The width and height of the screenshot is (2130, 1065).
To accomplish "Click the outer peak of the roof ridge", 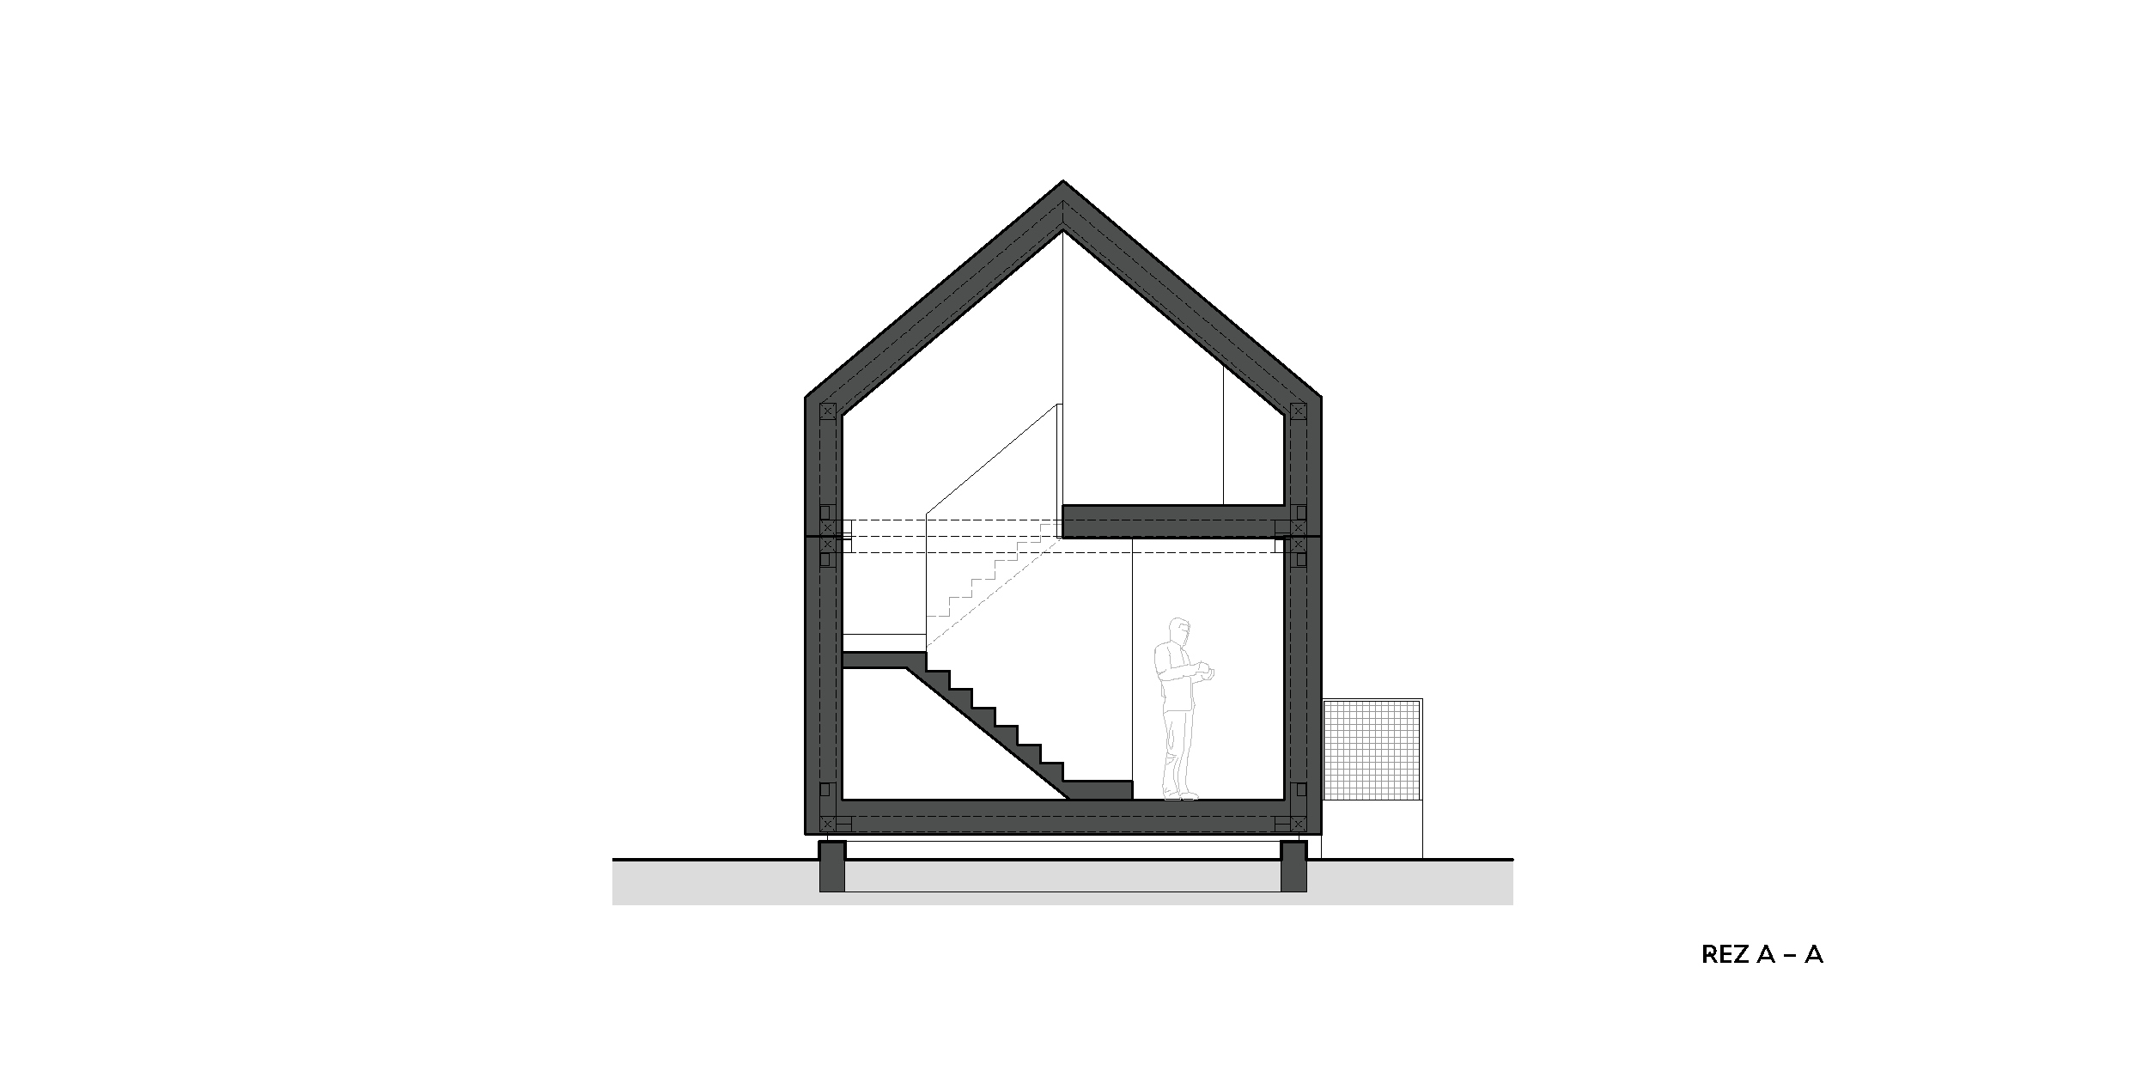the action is [x=1063, y=180].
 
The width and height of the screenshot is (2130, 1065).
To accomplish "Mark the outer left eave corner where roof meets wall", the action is [x=805, y=397].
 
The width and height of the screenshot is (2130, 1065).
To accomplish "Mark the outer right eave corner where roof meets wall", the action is [x=1321, y=397].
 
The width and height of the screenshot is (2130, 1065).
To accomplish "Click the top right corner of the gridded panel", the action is [x=1422, y=698].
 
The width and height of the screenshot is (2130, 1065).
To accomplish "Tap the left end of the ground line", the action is [x=612, y=859].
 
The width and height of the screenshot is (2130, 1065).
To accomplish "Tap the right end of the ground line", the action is [x=1512, y=859].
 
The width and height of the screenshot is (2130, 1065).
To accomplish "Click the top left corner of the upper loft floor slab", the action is [x=1063, y=505].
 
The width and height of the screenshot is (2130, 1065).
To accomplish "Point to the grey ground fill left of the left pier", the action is [x=715, y=882].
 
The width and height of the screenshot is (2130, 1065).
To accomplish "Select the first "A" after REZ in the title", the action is [x=1767, y=954].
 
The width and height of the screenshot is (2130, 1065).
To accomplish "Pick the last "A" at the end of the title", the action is [x=1814, y=954].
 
